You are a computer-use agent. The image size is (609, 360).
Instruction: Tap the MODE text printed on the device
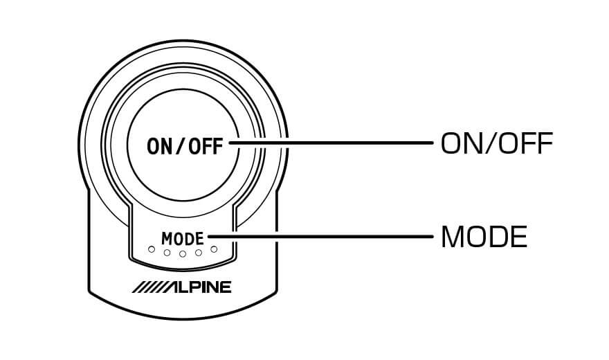point(183,238)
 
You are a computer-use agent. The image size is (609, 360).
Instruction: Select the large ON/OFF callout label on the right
point(496,144)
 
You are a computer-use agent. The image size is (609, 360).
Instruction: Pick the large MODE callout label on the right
point(484,238)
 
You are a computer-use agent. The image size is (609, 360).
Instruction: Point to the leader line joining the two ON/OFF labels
point(332,144)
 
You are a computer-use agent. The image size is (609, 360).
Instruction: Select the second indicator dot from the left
point(167,253)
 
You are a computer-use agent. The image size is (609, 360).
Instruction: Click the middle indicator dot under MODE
point(183,254)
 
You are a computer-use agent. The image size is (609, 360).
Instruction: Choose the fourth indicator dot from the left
point(199,253)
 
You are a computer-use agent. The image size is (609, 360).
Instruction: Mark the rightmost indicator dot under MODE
point(214,249)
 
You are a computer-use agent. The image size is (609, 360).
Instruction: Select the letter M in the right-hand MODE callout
point(453,238)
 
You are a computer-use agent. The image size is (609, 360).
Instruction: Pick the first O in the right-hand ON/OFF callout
point(451,144)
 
